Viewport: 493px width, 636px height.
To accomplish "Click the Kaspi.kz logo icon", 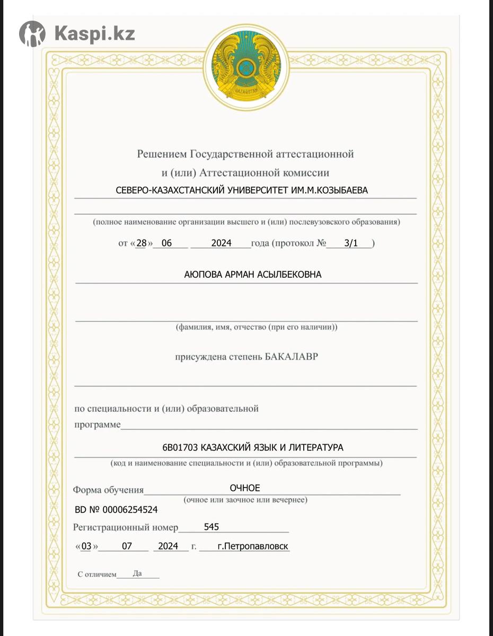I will (32, 34).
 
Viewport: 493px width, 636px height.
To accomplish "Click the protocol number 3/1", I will (351, 244).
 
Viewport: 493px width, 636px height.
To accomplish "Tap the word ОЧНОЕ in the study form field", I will (245, 488).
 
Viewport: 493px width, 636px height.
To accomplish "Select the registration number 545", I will (211, 527).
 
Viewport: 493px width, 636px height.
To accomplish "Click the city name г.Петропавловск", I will (253, 546).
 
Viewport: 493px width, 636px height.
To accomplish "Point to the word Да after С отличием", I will (137, 573).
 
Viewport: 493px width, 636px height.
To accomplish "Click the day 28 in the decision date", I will (141, 244).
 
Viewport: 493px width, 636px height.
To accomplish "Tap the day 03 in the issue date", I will (86, 546).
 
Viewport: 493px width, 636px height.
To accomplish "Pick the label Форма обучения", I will (108, 490).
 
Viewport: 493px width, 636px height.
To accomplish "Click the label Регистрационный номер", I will (126, 528).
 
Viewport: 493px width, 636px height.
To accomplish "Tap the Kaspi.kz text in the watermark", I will (94, 34).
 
